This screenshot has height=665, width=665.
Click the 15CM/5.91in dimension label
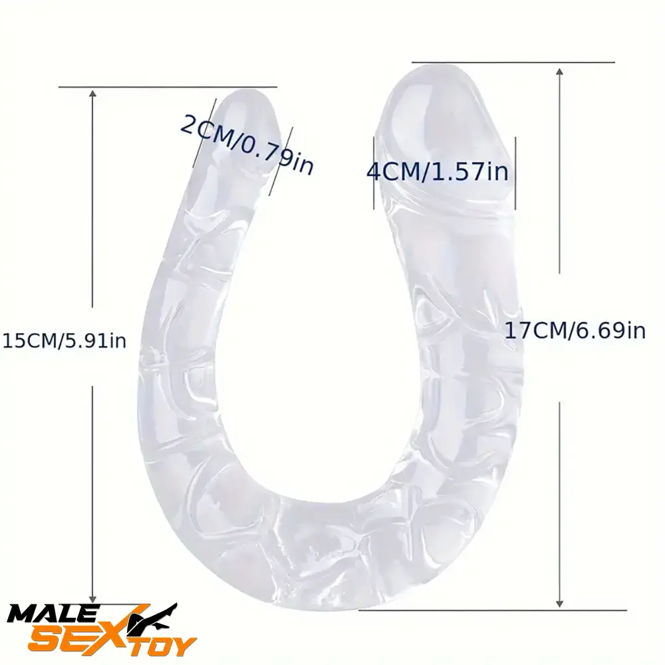[x=64, y=341]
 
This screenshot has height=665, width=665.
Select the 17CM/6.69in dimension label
[x=575, y=330]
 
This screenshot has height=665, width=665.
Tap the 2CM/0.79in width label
[x=247, y=142]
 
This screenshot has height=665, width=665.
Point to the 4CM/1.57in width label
[x=437, y=172]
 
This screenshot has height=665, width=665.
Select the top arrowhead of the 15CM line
[x=92, y=94]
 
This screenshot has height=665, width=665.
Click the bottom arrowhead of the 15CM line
[x=93, y=598]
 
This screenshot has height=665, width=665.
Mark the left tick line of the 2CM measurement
[x=205, y=133]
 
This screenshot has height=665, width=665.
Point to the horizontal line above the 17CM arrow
[x=512, y=63]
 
